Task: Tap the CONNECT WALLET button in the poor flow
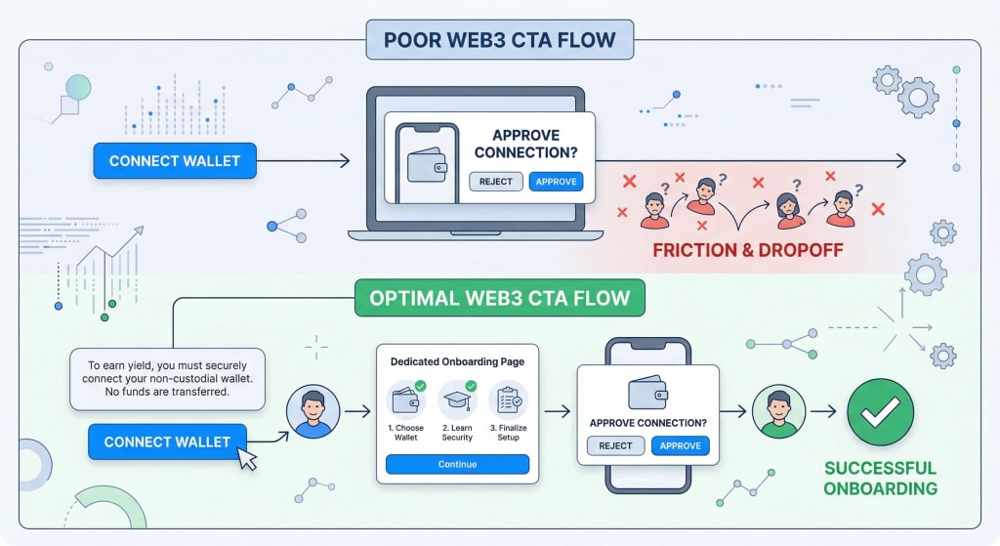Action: [175, 160]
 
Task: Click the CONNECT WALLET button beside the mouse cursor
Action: [167, 441]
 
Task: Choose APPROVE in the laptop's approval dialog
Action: [556, 181]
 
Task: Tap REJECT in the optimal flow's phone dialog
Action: [615, 445]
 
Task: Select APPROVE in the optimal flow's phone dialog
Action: [681, 445]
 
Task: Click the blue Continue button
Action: [457, 464]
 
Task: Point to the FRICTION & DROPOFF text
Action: [747, 250]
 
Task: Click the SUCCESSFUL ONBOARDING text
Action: [880, 478]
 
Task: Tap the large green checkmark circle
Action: [880, 412]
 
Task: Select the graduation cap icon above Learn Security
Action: [457, 400]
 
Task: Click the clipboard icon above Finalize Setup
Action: [508, 400]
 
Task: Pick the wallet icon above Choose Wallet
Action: [406, 400]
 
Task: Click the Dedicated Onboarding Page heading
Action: [457, 361]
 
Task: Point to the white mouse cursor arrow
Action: [247, 458]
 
